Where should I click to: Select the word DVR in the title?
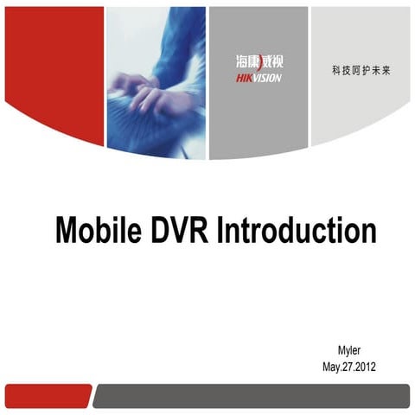pyautogui.click(x=183, y=231)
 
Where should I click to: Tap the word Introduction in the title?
pyautogui.click(x=297, y=231)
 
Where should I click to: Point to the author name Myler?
pyautogui.click(x=348, y=350)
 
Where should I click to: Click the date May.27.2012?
pyautogui.click(x=348, y=367)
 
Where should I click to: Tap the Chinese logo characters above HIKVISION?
pyautogui.click(x=258, y=62)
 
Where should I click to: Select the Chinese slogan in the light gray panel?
pyautogui.click(x=361, y=68)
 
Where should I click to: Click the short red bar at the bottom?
pyautogui.click(x=48, y=396)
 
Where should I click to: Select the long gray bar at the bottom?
pyautogui.click(x=251, y=396)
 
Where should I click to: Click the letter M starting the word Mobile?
pyautogui.click(x=67, y=231)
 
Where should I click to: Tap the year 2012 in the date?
pyautogui.click(x=364, y=367)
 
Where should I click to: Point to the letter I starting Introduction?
pyautogui.click(x=221, y=231)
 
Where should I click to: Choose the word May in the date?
pyautogui.click(x=329, y=367)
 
